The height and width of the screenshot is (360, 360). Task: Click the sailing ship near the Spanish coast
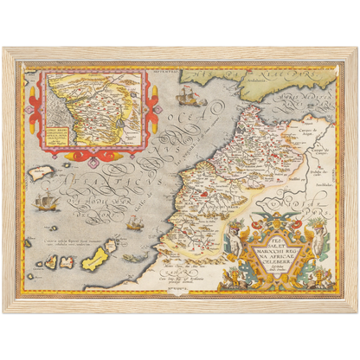click(x=190, y=90)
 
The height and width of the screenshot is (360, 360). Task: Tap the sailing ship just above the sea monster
click(x=133, y=226)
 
